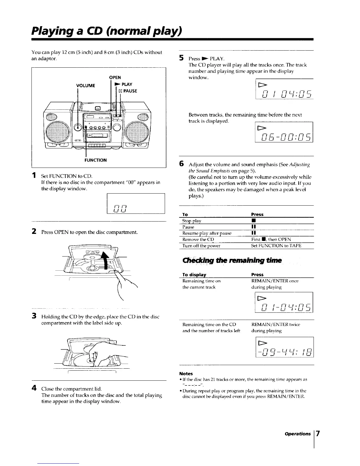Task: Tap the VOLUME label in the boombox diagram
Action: tap(86, 86)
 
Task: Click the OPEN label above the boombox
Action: tap(115, 78)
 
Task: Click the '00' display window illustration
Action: tap(136, 203)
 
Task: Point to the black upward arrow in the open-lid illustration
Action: tap(105, 259)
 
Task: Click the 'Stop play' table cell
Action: tap(192, 221)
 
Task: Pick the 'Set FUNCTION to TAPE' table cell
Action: tap(276, 246)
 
